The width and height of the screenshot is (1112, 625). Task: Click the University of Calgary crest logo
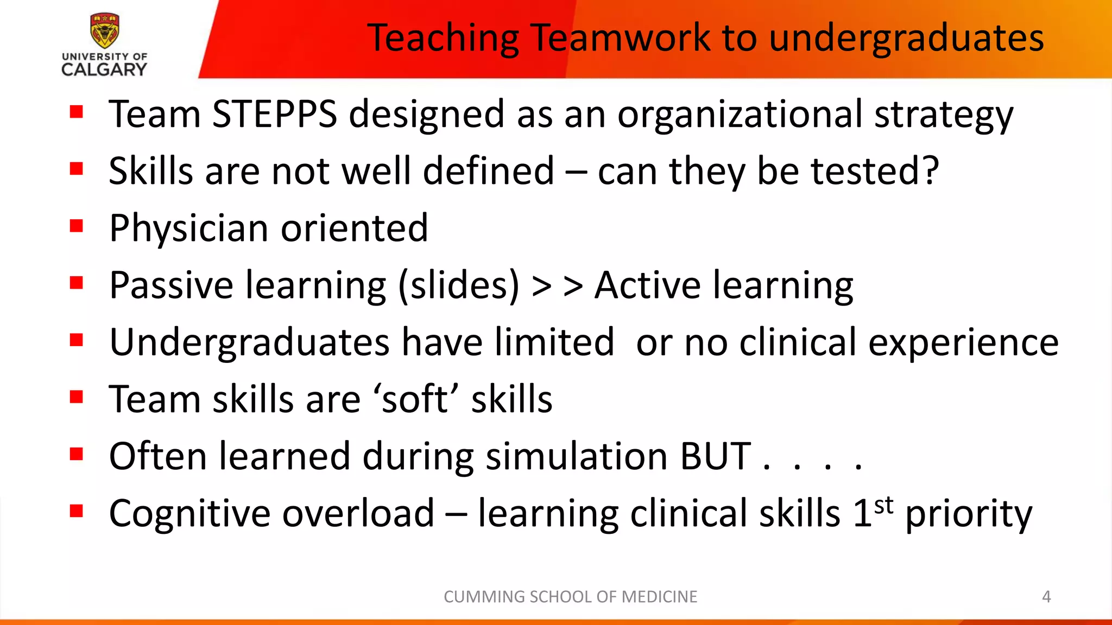(104, 31)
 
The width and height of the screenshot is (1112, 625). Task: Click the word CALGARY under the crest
(104, 69)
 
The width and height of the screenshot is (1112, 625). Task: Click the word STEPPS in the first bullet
(275, 114)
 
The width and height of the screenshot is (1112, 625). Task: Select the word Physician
(188, 228)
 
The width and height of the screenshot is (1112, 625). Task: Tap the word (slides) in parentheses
(459, 285)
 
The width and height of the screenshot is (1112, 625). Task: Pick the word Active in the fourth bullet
(647, 285)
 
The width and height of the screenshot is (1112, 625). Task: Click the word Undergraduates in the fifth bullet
(249, 343)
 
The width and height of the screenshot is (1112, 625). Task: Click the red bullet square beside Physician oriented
(77, 226)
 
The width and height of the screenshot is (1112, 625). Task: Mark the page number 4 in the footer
(1046, 597)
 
